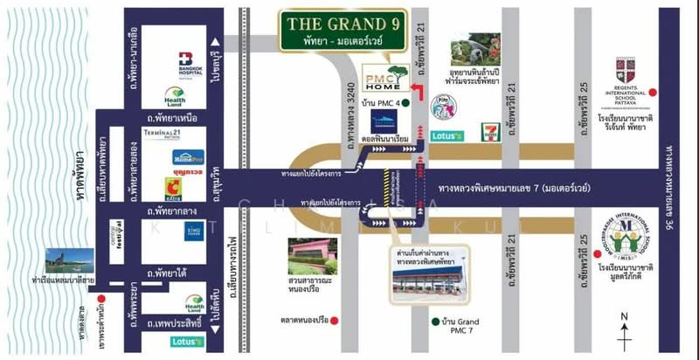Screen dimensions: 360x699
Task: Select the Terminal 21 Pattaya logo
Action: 171,134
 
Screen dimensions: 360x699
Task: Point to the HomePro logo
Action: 188,157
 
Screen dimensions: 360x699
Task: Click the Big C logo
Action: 174,186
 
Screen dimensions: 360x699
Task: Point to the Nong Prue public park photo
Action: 313,255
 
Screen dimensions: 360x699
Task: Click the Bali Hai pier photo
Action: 66,260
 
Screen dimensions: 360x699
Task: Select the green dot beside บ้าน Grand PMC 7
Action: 434,321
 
